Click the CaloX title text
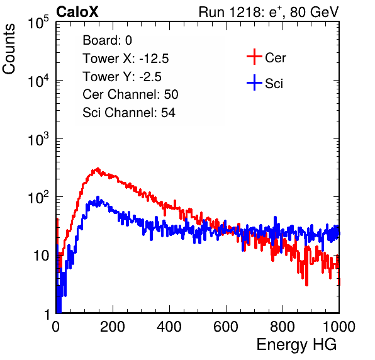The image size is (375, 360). tap(77, 12)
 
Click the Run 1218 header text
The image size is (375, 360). tap(269, 12)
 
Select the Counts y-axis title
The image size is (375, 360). tap(9, 49)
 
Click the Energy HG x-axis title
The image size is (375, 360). tap(296, 345)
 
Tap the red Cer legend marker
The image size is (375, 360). tap(254, 57)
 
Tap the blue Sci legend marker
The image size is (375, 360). tap(254, 82)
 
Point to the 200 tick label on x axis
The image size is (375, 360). tap(113, 327)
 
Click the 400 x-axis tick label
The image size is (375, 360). tap(169, 327)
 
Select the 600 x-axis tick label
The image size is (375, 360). tap(226, 327)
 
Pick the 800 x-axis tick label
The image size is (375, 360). tap(283, 327)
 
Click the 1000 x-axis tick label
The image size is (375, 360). tap(339, 327)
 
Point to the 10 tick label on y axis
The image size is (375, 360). tap(41, 256)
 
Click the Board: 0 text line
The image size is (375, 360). tap(108, 40)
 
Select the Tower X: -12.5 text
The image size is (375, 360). tap(126, 59)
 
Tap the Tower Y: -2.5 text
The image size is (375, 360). tap(122, 77)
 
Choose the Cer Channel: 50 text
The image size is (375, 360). tap(131, 94)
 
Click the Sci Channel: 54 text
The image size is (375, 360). tap(129, 113)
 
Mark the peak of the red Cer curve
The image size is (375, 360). tap(98, 169)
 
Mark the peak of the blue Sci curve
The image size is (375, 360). tap(98, 198)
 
